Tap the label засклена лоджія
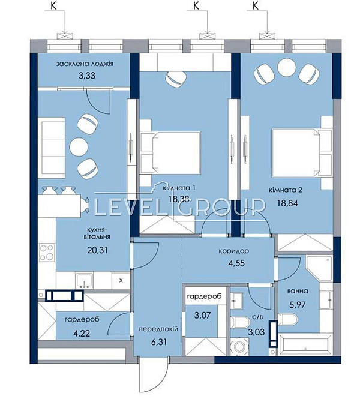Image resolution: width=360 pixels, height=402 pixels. click(x=85, y=64)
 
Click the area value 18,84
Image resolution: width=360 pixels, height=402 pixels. click(x=286, y=202)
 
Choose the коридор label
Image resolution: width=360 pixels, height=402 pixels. click(x=234, y=251)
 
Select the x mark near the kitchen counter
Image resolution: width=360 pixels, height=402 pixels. click(x=121, y=279)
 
